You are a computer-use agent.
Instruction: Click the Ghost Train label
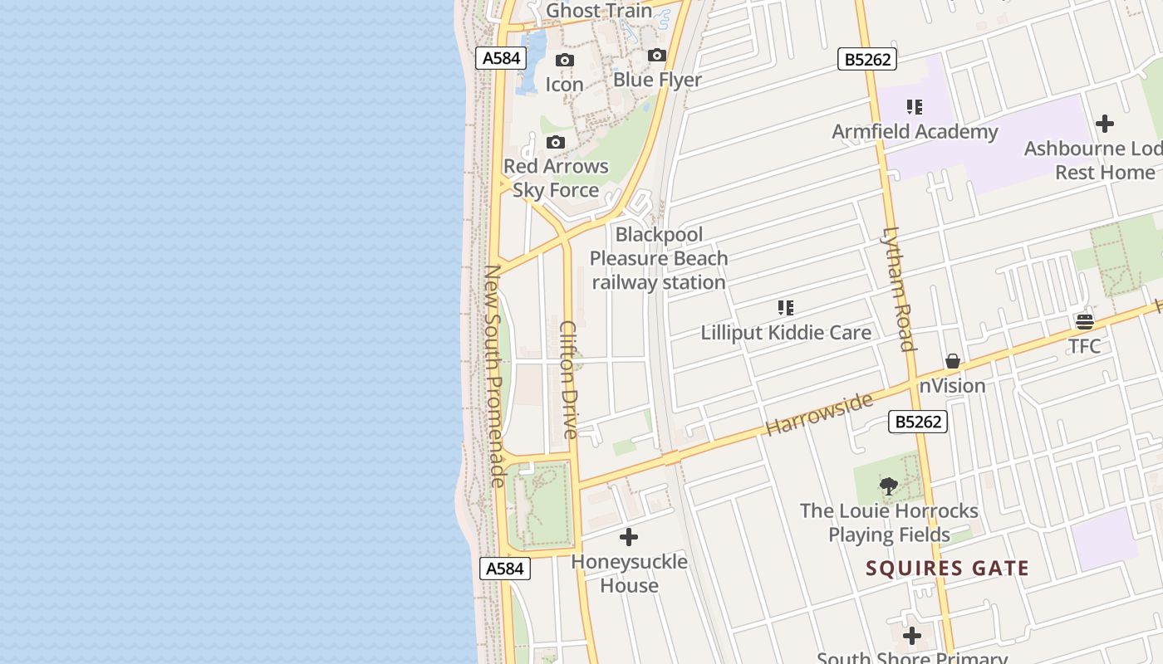[x=599, y=11]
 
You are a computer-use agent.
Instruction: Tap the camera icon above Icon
[x=565, y=61]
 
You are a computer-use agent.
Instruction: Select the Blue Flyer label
[x=657, y=80]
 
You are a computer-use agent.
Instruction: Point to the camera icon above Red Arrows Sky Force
[x=557, y=143]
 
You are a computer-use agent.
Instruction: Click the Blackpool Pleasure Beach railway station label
[x=659, y=258]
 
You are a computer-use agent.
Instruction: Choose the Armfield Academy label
[x=915, y=131]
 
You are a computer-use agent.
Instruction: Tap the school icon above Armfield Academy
[x=915, y=107]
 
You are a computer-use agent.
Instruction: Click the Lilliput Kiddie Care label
[x=786, y=332]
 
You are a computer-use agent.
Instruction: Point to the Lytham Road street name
[x=899, y=289]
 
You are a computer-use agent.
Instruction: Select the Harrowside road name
[x=819, y=413]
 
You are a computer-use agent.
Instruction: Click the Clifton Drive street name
[x=569, y=379]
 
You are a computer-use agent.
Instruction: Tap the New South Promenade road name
[x=494, y=375]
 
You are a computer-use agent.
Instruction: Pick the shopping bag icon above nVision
[x=953, y=362]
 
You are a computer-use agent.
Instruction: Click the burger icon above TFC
[x=1085, y=322]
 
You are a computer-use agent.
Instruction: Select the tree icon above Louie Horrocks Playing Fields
[x=889, y=486]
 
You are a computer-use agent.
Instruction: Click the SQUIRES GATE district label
[x=947, y=569]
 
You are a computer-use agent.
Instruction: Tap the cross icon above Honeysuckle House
[x=629, y=537]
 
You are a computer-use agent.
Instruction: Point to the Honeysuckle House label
[x=629, y=574]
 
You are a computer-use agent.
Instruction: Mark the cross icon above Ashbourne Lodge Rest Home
[x=1105, y=124]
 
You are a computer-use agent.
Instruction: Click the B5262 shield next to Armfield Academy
[x=866, y=59]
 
